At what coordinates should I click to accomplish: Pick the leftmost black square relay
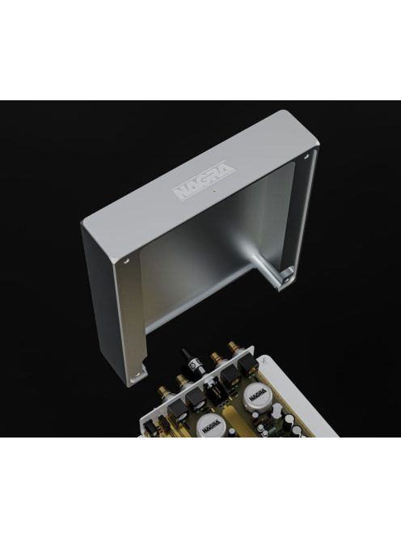tap(153, 419)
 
